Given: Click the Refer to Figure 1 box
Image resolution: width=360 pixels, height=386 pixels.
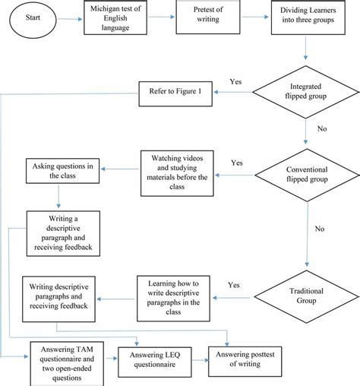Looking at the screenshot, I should pyautogui.click(x=175, y=93).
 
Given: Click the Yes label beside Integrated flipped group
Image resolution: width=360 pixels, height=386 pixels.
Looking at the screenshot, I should pyautogui.click(x=237, y=80).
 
